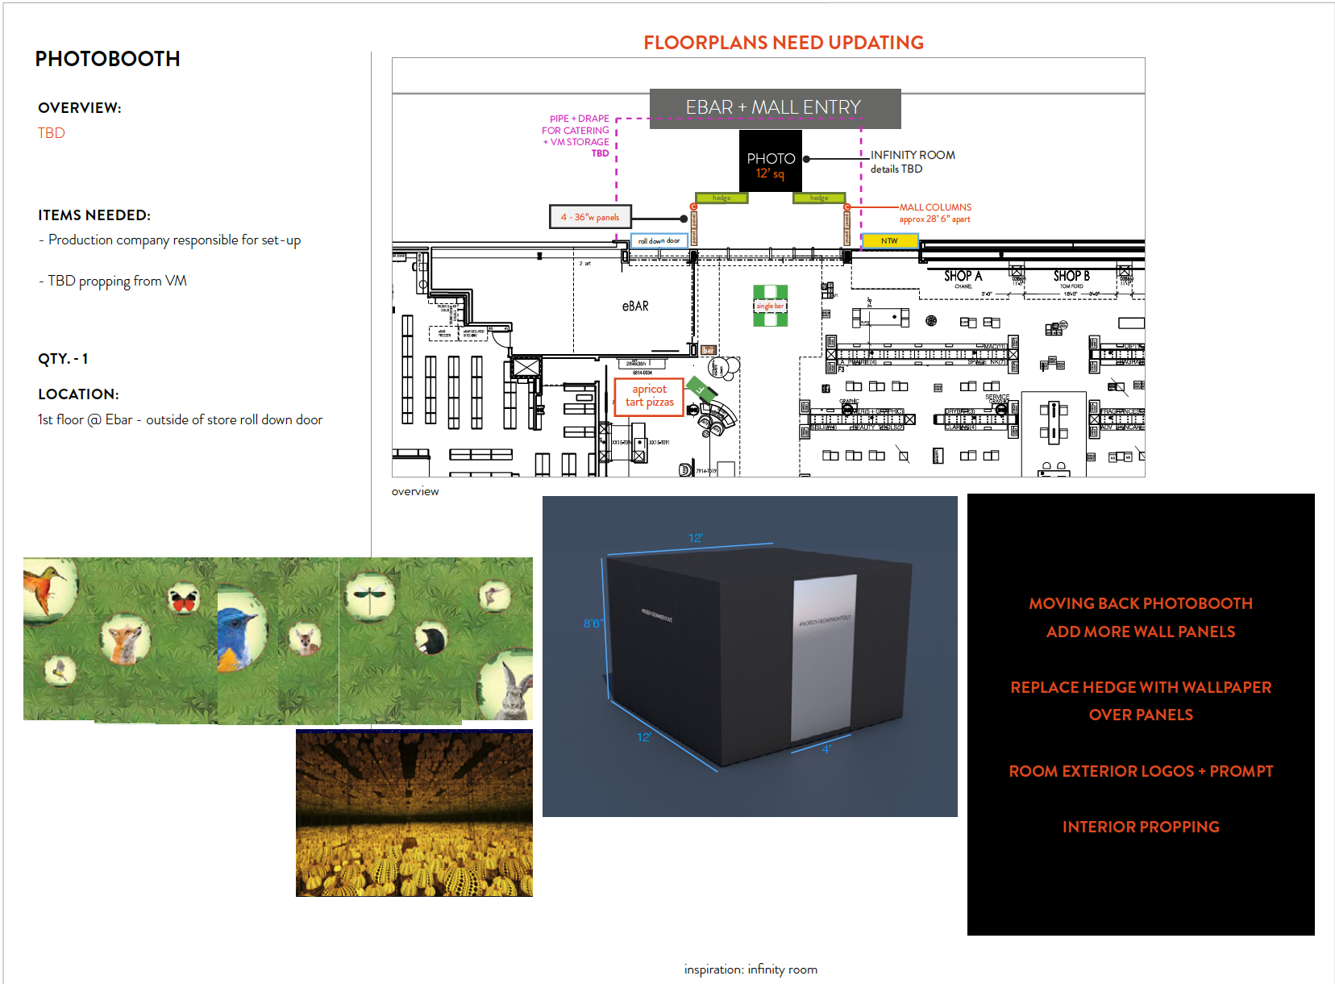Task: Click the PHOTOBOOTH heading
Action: pyautogui.click(x=107, y=59)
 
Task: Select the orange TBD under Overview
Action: pyautogui.click(x=51, y=133)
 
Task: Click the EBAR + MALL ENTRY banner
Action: pyautogui.click(x=774, y=107)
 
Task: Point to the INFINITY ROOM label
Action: pyautogui.click(x=913, y=155)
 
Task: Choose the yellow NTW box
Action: pyautogui.click(x=889, y=240)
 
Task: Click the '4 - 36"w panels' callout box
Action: pyautogui.click(x=590, y=217)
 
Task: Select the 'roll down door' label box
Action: pyautogui.click(x=659, y=240)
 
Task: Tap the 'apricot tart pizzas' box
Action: pyautogui.click(x=649, y=396)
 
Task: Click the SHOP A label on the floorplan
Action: pyautogui.click(x=963, y=276)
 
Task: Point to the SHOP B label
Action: pyautogui.click(x=1071, y=276)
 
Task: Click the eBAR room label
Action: pyautogui.click(x=635, y=306)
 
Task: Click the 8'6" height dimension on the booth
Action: pyautogui.click(x=593, y=623)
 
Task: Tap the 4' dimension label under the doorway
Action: pyautogui.click(x=826, y=749)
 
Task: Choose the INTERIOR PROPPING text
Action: pyautogui.click(x=1140, y=827)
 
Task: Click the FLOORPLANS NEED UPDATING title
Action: pyautogui.click(x=783, y=43)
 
